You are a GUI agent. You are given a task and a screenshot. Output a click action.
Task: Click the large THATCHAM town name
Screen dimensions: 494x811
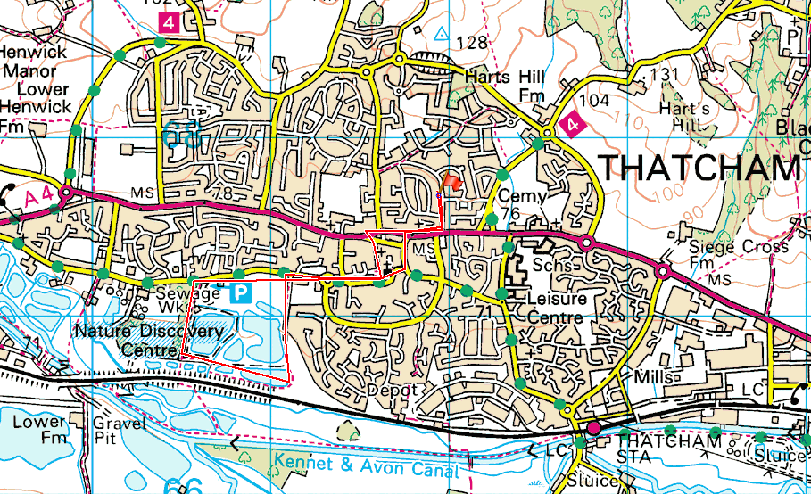coord(699,168)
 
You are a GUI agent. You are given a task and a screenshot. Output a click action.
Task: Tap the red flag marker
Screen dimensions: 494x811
coord(451,183)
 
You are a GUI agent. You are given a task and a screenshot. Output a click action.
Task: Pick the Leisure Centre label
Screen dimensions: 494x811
coord(556,308)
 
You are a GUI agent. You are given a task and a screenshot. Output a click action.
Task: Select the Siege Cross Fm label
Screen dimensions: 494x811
coord(739,255)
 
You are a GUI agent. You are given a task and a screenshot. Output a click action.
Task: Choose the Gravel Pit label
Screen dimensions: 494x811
coord(119,431)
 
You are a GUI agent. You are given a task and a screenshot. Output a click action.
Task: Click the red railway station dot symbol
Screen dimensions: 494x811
coord(593,428)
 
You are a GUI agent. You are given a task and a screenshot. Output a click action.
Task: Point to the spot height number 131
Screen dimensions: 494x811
coord(672,74)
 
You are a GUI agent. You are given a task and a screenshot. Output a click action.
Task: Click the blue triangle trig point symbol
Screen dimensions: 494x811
coord(441,33)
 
